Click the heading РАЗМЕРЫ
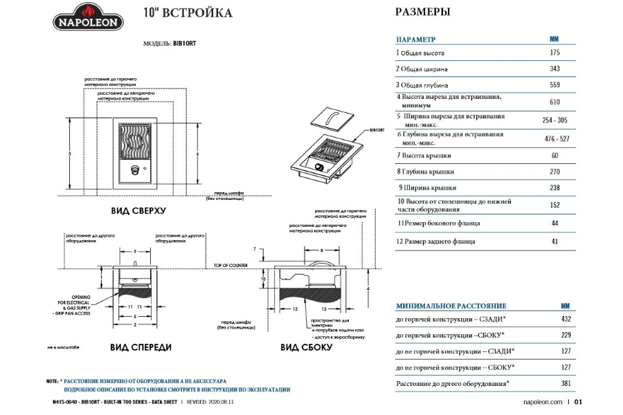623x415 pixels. [x=422, y=12]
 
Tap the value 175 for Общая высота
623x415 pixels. [x=554, y=53]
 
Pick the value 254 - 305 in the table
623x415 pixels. [x=554, y=120]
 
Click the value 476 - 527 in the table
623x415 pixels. [x=554, y=138]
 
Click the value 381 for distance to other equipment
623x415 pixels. [x=565, y=383]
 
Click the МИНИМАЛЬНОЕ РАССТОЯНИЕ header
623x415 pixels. [x=451, y=306]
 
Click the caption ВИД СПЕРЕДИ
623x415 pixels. [x=138, y=346]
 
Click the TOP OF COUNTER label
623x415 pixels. [x=230, y=265]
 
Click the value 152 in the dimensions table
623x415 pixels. [x=554, y=205]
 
